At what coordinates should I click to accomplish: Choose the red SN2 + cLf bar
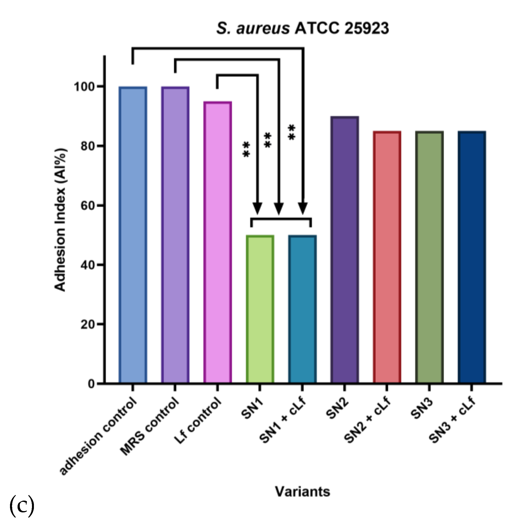coord(387,257)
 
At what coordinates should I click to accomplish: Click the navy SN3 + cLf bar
coord(471,257)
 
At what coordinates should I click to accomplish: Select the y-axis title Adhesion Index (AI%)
coord(60,219)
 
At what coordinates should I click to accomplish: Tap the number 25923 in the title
coord(366,28)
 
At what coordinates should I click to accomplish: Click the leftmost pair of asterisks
coord(246,150)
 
